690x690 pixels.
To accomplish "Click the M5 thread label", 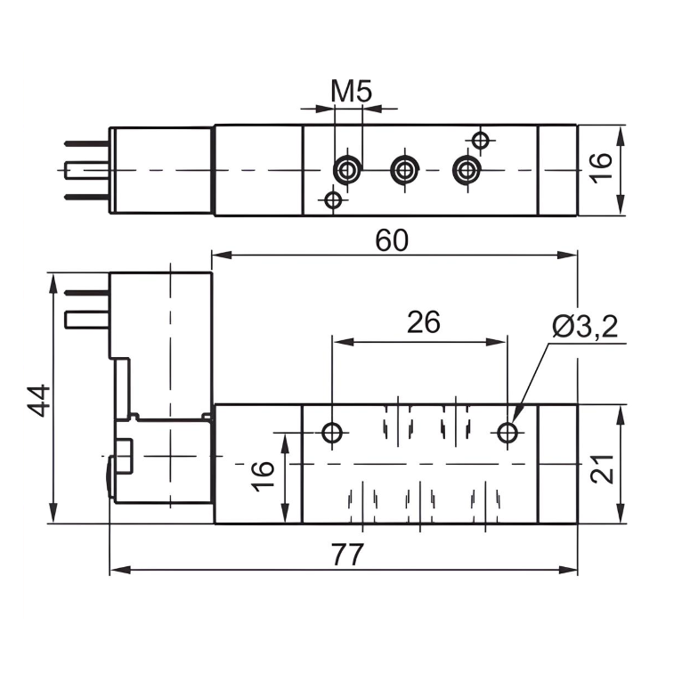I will click(351, 91).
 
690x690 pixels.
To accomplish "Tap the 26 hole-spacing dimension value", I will click(424, 322).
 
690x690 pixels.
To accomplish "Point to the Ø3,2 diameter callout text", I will click(584, 327).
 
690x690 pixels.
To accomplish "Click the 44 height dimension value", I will click(38, 400).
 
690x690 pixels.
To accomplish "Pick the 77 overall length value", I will click(348, 555).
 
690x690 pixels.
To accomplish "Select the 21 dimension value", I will click(604, 465).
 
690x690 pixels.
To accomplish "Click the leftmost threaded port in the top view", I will click(347, 169).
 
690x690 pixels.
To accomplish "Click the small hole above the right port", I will click(481, 140).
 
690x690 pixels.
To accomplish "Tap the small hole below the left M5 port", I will click(333, 199).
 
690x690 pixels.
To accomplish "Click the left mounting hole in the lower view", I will click(333, 434).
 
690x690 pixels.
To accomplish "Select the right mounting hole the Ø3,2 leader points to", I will click(507, 434).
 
